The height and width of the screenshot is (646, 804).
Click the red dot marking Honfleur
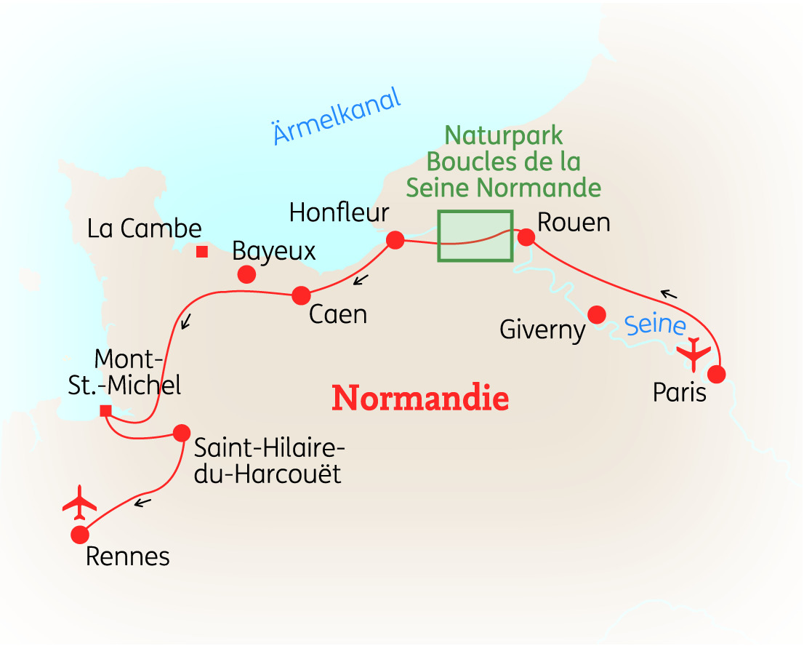395,240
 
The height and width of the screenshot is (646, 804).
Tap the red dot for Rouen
526,237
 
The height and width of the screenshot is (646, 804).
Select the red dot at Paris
717,375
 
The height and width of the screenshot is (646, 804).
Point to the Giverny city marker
597,315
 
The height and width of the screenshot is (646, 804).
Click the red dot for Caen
301,295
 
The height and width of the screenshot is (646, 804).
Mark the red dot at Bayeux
246,275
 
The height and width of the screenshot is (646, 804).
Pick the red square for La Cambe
202,252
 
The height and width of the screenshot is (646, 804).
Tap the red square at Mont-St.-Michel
105,411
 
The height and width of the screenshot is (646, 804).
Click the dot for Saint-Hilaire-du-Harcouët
181,433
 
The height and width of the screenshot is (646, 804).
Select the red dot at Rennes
79,535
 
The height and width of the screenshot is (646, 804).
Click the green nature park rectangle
475,236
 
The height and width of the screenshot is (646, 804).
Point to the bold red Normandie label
420,399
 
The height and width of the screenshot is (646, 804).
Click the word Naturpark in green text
504,135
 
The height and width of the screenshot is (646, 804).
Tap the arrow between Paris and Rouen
669,295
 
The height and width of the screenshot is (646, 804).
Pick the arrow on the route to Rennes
142,501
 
